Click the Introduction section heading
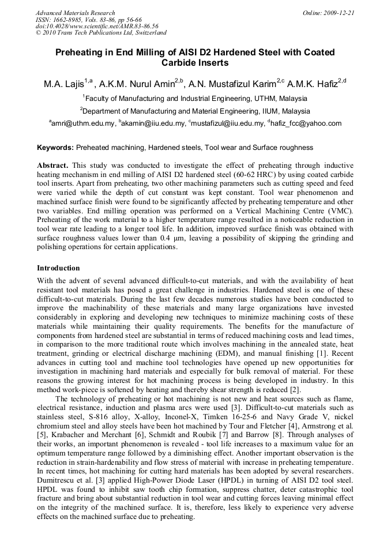coord(58,268)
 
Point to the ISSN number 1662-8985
coord(67,20)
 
